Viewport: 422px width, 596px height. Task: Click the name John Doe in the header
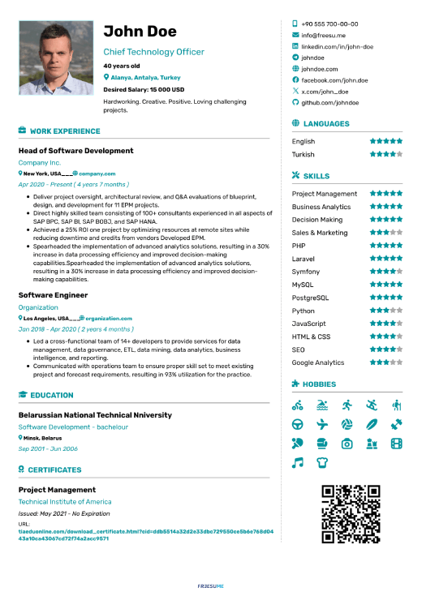(x=140, y=32)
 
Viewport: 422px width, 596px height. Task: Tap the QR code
(x=351, y=514)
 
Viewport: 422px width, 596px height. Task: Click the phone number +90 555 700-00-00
(x=329, y=24)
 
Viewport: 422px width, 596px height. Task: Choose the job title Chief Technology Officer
(x=153, y=52)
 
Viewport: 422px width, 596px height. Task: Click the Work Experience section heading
(x=64, y=131)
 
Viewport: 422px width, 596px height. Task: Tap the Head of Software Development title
(x=75, y=151)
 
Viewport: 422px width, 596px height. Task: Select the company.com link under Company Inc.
(x=97, y=174)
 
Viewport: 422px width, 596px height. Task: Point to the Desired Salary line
(x=144, y=89)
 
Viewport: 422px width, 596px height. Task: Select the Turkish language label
(x=304, y=154)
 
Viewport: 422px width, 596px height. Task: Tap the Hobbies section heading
(x=325, y=384)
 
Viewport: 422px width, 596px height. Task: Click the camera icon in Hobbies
(x=347, y=444)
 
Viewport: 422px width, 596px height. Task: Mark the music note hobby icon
(x=298, y=462)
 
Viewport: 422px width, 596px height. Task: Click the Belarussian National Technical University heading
(x=95, y=415)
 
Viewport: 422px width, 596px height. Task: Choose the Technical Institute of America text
(x=65, y=502)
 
